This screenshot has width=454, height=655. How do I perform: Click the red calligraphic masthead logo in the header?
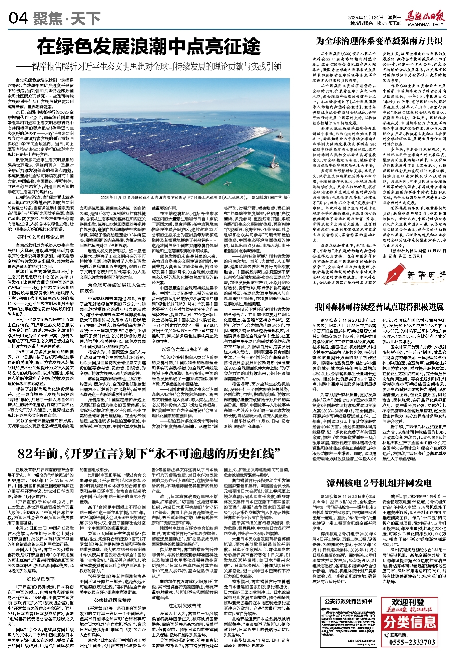pos(425,15)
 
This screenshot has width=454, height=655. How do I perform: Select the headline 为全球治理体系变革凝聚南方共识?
pos(379,41)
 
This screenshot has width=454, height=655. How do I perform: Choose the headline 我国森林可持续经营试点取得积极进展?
pos(379,307)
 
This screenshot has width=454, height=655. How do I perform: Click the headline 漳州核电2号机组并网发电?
pos(379,483)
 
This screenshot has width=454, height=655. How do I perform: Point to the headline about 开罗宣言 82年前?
pos(149,454)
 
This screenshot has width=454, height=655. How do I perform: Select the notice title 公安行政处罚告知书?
pos(348,601)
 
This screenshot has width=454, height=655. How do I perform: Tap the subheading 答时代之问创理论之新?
pos(41,237)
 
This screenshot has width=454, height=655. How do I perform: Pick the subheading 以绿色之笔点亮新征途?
pos(185,349)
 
